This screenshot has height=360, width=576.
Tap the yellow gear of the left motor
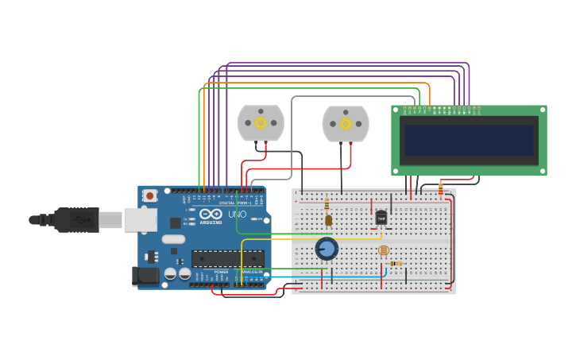coord(261,123)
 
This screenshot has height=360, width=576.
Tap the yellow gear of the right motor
coord(345,124)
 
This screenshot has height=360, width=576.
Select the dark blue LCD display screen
coord(469,140)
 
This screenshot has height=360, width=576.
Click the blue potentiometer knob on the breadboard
coord(327,249)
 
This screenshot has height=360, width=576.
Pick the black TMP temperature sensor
coord(381,218)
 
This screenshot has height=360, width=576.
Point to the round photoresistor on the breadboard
coord(384,250)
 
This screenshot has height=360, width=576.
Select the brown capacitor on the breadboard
coord(328,220)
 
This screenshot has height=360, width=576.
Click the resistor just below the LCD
coord(441,189)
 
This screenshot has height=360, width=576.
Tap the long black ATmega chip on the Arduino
coord(227,258)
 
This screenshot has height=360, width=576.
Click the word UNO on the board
coord(238,215)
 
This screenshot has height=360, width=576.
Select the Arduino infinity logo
coord(211,214)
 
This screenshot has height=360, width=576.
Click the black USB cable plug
coord(75,219)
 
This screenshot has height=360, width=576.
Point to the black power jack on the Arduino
coord(147,276)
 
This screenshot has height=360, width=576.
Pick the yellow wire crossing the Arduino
coord(242,254)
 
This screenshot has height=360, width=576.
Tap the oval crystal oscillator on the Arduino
coord(173,239)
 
